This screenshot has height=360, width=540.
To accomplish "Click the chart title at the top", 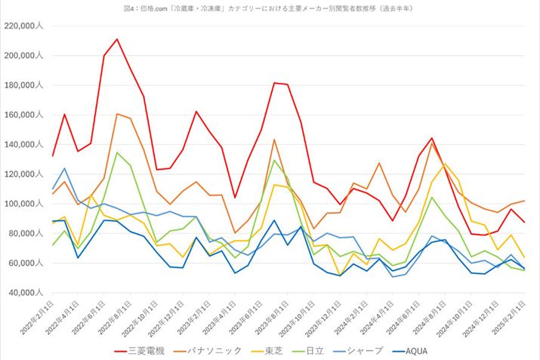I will (270, 8).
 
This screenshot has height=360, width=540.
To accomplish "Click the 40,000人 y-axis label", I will (26, 293).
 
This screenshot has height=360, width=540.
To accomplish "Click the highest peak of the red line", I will (117, 38).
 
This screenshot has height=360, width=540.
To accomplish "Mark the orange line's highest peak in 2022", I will (117, 114).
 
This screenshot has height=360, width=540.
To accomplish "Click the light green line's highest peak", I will (117, 152).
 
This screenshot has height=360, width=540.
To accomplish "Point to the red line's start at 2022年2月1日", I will (51, 156).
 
